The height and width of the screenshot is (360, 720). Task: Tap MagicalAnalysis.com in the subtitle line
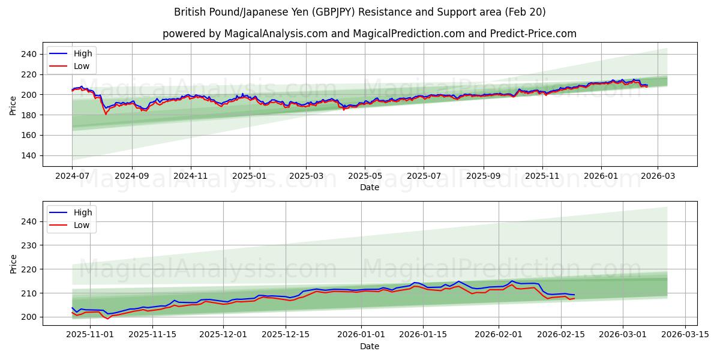pos(272,34)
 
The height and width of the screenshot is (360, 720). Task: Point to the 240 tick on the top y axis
pos(29,54)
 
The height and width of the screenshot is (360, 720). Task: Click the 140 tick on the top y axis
pos(29,155)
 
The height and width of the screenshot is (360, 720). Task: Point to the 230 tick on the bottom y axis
pos(29,245)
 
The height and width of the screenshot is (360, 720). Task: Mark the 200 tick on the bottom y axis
pos(29,317)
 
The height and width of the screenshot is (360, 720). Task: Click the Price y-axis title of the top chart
pos(13,105)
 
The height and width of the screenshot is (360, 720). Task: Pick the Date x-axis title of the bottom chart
pos(370,346)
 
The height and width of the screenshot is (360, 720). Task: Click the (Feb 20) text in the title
pos(525,12)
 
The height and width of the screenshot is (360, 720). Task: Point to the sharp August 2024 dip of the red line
pos(106,113)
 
